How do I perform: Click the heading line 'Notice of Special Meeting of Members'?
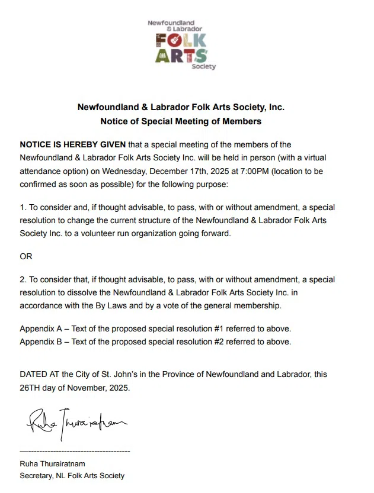(181, 121)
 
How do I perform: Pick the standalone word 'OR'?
(26, 257)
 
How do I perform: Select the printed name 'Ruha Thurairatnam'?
(52, 463)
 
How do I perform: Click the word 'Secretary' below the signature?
(37, 475)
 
